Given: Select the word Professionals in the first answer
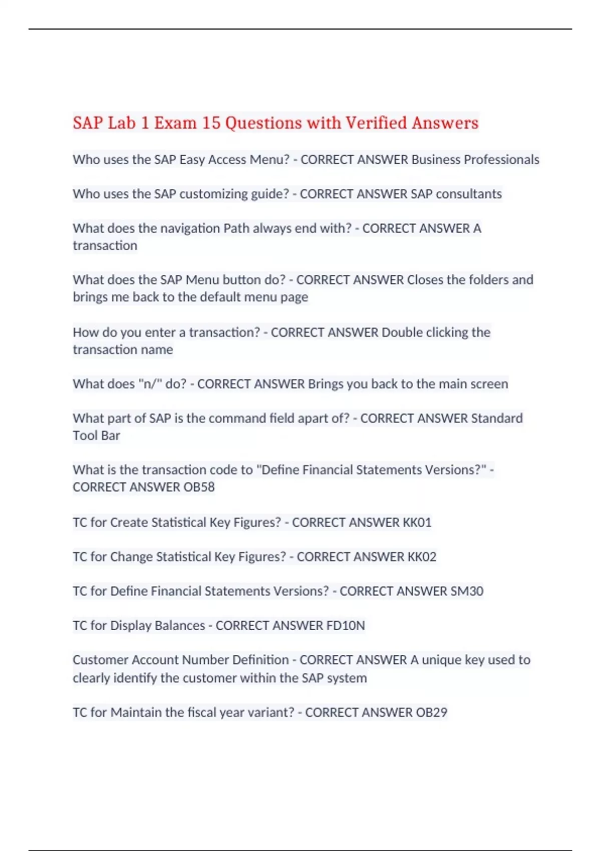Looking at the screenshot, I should click(x=501, y=160).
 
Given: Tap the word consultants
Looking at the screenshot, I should click(x=469, y=194).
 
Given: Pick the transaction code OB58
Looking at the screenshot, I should click(x=199, y=487).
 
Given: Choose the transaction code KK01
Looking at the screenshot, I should click(x=417, y=523).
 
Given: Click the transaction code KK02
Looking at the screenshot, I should click(x=422, y=557).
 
